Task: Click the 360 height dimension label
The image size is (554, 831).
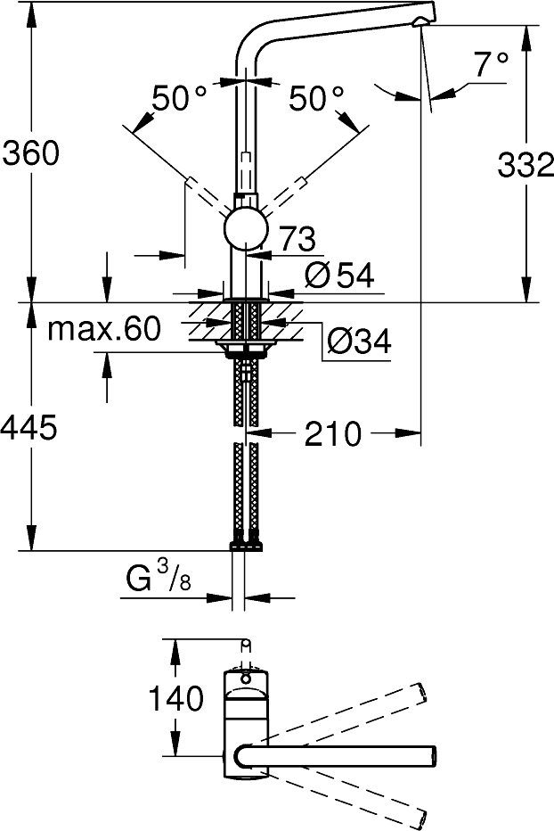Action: tap(30, 153)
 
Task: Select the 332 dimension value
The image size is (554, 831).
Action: tap(525, 166)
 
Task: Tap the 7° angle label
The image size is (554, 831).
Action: tap(490, 63)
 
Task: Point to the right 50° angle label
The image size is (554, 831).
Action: tap(316, 98)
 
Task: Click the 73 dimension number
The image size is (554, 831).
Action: tap(297, 239)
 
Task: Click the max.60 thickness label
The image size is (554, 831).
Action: tap(104, 329)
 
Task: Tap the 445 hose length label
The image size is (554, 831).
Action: tap(30, 429)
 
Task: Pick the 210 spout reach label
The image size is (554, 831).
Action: tap(333, 434)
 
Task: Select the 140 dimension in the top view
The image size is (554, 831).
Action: tap(178, 699)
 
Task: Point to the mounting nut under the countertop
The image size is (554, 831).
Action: tap(246, 349)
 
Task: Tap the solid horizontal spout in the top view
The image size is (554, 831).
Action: tap(347, 754)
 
